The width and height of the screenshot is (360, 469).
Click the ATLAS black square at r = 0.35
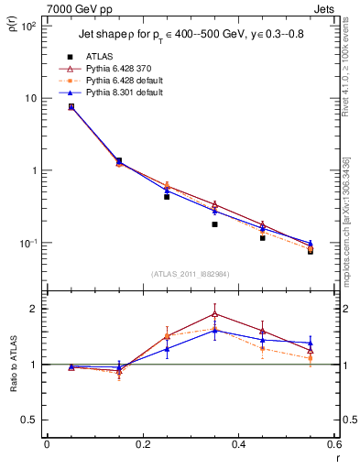214,224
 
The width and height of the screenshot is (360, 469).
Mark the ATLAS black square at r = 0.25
167,197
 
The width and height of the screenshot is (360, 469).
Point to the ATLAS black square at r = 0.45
263,238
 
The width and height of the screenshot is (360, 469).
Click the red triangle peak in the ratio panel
214,313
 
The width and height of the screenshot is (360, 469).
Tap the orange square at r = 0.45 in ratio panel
263,348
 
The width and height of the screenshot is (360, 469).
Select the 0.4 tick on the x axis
239,445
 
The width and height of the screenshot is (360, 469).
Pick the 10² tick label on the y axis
28,27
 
